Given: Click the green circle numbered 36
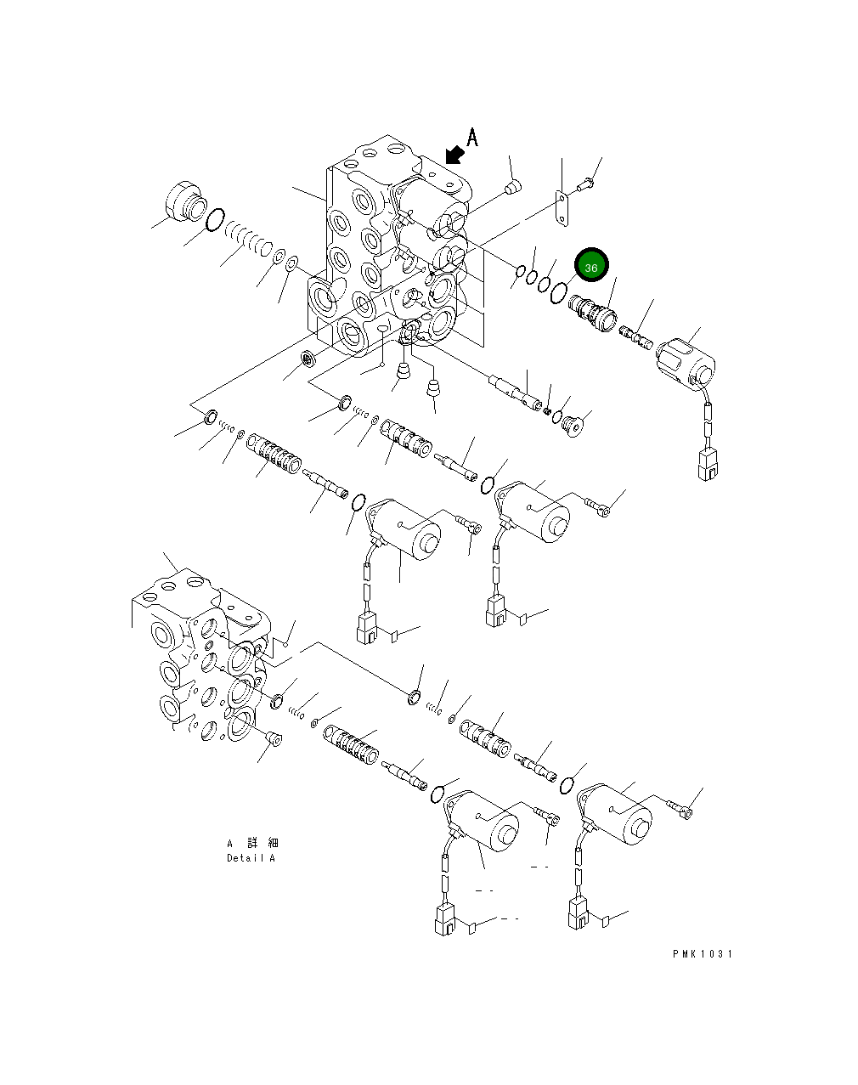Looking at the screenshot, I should [x=590, y=267].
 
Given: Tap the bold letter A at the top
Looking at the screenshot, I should [x=472, y=138].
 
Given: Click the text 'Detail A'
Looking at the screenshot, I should [x=251, y=858].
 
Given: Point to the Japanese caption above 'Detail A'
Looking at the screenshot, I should [x=251, y=843].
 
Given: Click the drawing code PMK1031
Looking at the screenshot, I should [x=702, y=953].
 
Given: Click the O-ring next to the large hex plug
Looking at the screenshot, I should [x=215, y=220].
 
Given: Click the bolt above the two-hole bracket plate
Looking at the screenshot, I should [x=587, y=180].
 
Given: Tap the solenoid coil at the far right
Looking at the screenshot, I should [x=686, y=361].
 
